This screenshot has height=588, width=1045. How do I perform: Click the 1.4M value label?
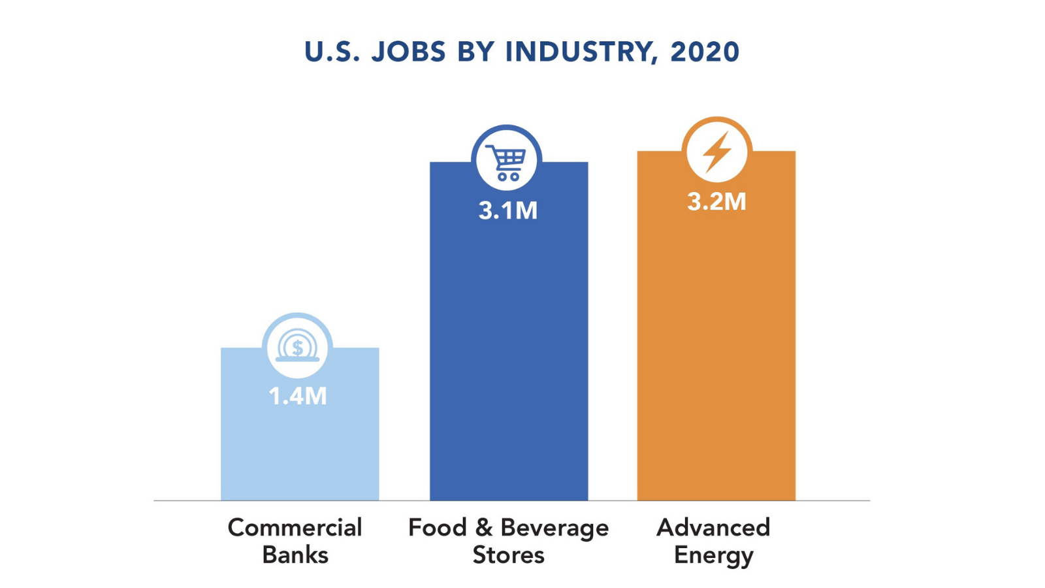pos(298,396)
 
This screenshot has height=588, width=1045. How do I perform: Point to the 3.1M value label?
pos(507,210)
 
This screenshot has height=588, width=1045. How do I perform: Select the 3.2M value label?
pos(716,201)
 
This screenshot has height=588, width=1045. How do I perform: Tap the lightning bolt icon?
pos(716,152)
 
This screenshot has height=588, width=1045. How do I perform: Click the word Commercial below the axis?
pos(295,528)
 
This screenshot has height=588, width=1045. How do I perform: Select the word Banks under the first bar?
pos(295,555)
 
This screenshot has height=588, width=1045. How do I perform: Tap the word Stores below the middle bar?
pos(508,555)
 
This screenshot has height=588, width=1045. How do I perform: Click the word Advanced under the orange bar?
pos(713,528)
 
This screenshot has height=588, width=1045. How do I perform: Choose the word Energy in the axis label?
pos(713,556)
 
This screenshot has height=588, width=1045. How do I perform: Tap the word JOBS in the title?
pos(409,52)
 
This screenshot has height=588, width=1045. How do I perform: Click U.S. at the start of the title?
pos(332,52)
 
